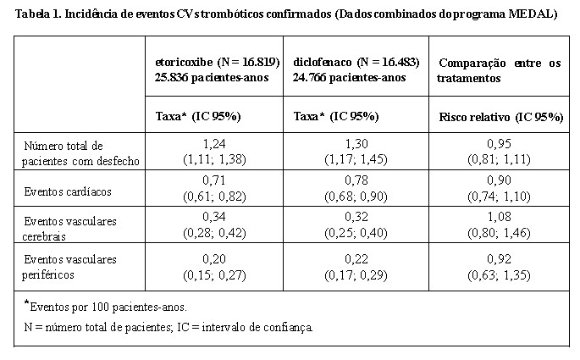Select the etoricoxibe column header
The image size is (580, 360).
[217, 69]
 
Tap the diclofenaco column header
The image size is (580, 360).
[356, 69]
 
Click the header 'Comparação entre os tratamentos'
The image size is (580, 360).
[499, 70]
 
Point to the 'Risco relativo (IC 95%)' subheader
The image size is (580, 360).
[501, 117]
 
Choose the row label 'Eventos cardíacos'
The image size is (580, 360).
[68, 191]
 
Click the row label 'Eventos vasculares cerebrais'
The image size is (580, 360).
[69, 229]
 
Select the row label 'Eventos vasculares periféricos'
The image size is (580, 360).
[69, 267]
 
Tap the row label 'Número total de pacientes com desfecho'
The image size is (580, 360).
[80, 153]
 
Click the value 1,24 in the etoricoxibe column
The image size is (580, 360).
[214, 143]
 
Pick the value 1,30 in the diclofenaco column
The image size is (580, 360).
[356, 143]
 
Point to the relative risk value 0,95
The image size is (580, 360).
[499, 143]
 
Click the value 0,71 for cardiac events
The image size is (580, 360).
[214, 180]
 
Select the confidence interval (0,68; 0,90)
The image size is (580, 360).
[356, 197]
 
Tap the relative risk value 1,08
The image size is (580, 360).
[499, 217]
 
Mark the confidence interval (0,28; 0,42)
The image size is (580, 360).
[214, 233]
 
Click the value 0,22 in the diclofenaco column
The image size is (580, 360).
[356, 259]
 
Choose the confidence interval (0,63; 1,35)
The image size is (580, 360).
[499, 275]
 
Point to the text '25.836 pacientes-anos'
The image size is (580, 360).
[212, 78]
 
